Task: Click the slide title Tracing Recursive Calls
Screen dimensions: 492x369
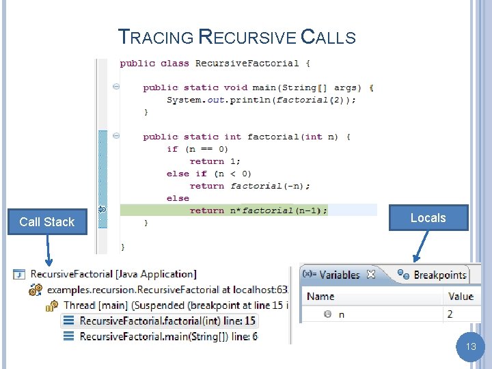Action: coord(237,37)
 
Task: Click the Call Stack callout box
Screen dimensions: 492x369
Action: coord(47,222)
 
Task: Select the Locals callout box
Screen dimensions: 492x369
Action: coord(428,218)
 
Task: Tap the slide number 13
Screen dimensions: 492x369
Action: coord(471,346)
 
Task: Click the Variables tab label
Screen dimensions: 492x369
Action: coord(340,275)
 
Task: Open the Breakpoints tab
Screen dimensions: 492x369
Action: coord(439,275)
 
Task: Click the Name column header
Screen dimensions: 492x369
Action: coord(321,296)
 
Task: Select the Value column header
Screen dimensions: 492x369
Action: coord(461,296)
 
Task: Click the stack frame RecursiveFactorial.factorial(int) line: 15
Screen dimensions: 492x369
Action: coord(167,320)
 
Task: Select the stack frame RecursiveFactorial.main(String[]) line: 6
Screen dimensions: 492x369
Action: coord(168,336)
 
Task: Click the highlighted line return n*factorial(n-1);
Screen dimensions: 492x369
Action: coord(258,210)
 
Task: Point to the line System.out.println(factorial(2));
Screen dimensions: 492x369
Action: coord(261,100)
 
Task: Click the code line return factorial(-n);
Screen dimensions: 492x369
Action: coord(249,186)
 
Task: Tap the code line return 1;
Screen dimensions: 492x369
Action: coord(215,161)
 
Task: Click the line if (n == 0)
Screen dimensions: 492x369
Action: coord(197,149)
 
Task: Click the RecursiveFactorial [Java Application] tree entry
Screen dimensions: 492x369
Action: coord(113,275)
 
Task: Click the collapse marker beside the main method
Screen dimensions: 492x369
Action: coord(116,87)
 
